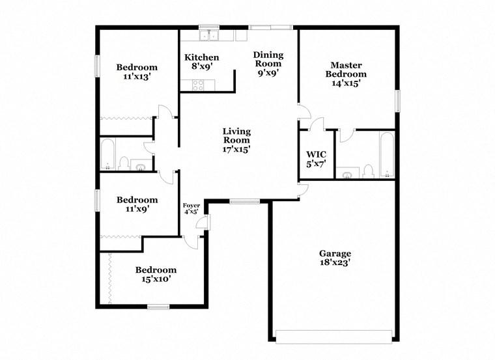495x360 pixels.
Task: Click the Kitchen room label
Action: tap(201, 62)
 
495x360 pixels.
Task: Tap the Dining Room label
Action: tap(267, 64)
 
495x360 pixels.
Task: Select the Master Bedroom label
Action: tap(346, 74)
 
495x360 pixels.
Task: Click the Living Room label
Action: tap(236, 140)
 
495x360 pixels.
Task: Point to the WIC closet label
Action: tap(316, 159)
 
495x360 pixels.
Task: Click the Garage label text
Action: tap(335, 258)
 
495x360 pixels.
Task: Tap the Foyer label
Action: tap(191, 208)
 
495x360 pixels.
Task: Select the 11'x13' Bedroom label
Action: tap(137, 72)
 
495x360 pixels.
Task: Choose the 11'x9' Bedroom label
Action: tap(137, 205)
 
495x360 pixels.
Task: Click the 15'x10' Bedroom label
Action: tap(156, 274)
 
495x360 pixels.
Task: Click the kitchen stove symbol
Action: tap(197, 83)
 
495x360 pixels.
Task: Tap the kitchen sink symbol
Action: tap(208, 35)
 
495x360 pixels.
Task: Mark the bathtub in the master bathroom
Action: tap(386, 155)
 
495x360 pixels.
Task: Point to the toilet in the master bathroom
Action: tap(368, 171)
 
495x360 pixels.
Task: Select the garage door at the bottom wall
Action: tap(335, 336)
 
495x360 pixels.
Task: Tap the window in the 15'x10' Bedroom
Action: tap(158, 307)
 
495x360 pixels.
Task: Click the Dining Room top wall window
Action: tap(270, 27)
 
